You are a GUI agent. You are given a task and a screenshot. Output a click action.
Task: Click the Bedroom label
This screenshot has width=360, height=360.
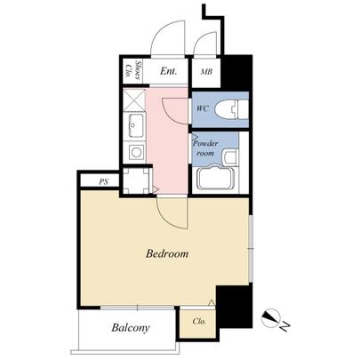167,254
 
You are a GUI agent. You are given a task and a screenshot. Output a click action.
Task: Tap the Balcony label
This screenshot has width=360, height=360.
130,328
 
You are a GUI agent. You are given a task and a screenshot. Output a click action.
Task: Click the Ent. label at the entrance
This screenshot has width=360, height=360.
169,71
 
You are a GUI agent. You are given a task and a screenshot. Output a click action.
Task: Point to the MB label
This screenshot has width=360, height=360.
206,72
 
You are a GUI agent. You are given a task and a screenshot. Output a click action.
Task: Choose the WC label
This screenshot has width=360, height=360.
202,108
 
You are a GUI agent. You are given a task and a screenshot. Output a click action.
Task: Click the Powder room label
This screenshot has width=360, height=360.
206,147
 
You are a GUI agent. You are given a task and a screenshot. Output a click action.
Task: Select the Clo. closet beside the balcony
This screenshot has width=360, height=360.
199,322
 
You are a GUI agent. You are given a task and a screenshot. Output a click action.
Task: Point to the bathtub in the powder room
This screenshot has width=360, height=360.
213,177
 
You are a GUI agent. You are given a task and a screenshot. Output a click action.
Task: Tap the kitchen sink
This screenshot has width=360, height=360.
134,124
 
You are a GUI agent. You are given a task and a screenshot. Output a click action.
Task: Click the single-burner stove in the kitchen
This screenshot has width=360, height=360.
135,152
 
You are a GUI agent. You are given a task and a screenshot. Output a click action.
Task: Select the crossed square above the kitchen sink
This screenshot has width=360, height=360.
134,99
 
